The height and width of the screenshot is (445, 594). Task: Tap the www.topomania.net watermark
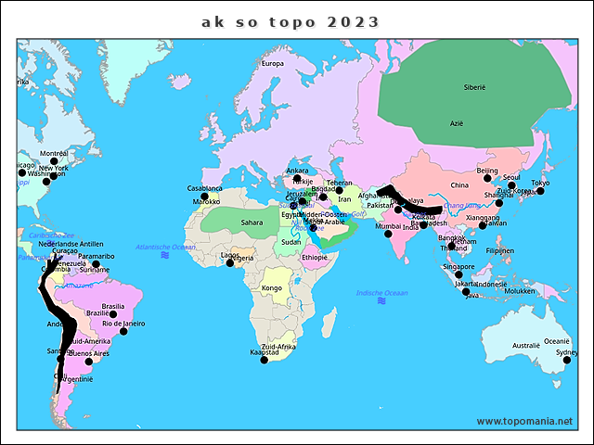click(x=524, y=421)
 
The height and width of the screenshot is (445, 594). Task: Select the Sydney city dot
click(x=566, y=360)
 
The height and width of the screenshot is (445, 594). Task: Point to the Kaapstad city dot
click(x=265, y=360)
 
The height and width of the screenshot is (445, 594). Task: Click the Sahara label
click(x=252, y=222)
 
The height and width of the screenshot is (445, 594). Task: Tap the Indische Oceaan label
click(x=381, y=293)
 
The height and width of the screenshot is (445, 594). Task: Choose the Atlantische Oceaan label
click(x=165, y=247)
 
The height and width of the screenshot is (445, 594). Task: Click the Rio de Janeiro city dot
click(x=123, y=331)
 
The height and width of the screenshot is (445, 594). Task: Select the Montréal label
click(x=54, y=154)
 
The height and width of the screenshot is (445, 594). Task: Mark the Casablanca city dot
click(x=204, y=196)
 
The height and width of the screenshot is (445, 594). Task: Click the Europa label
click(x=272, y=64)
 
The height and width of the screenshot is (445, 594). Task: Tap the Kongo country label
click(x=272, y=288)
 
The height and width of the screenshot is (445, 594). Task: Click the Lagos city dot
click(x=228, y=262)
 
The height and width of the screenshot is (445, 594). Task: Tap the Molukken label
click(x=521, y=291)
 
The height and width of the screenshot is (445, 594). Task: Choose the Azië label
click(x=456, y=123)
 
